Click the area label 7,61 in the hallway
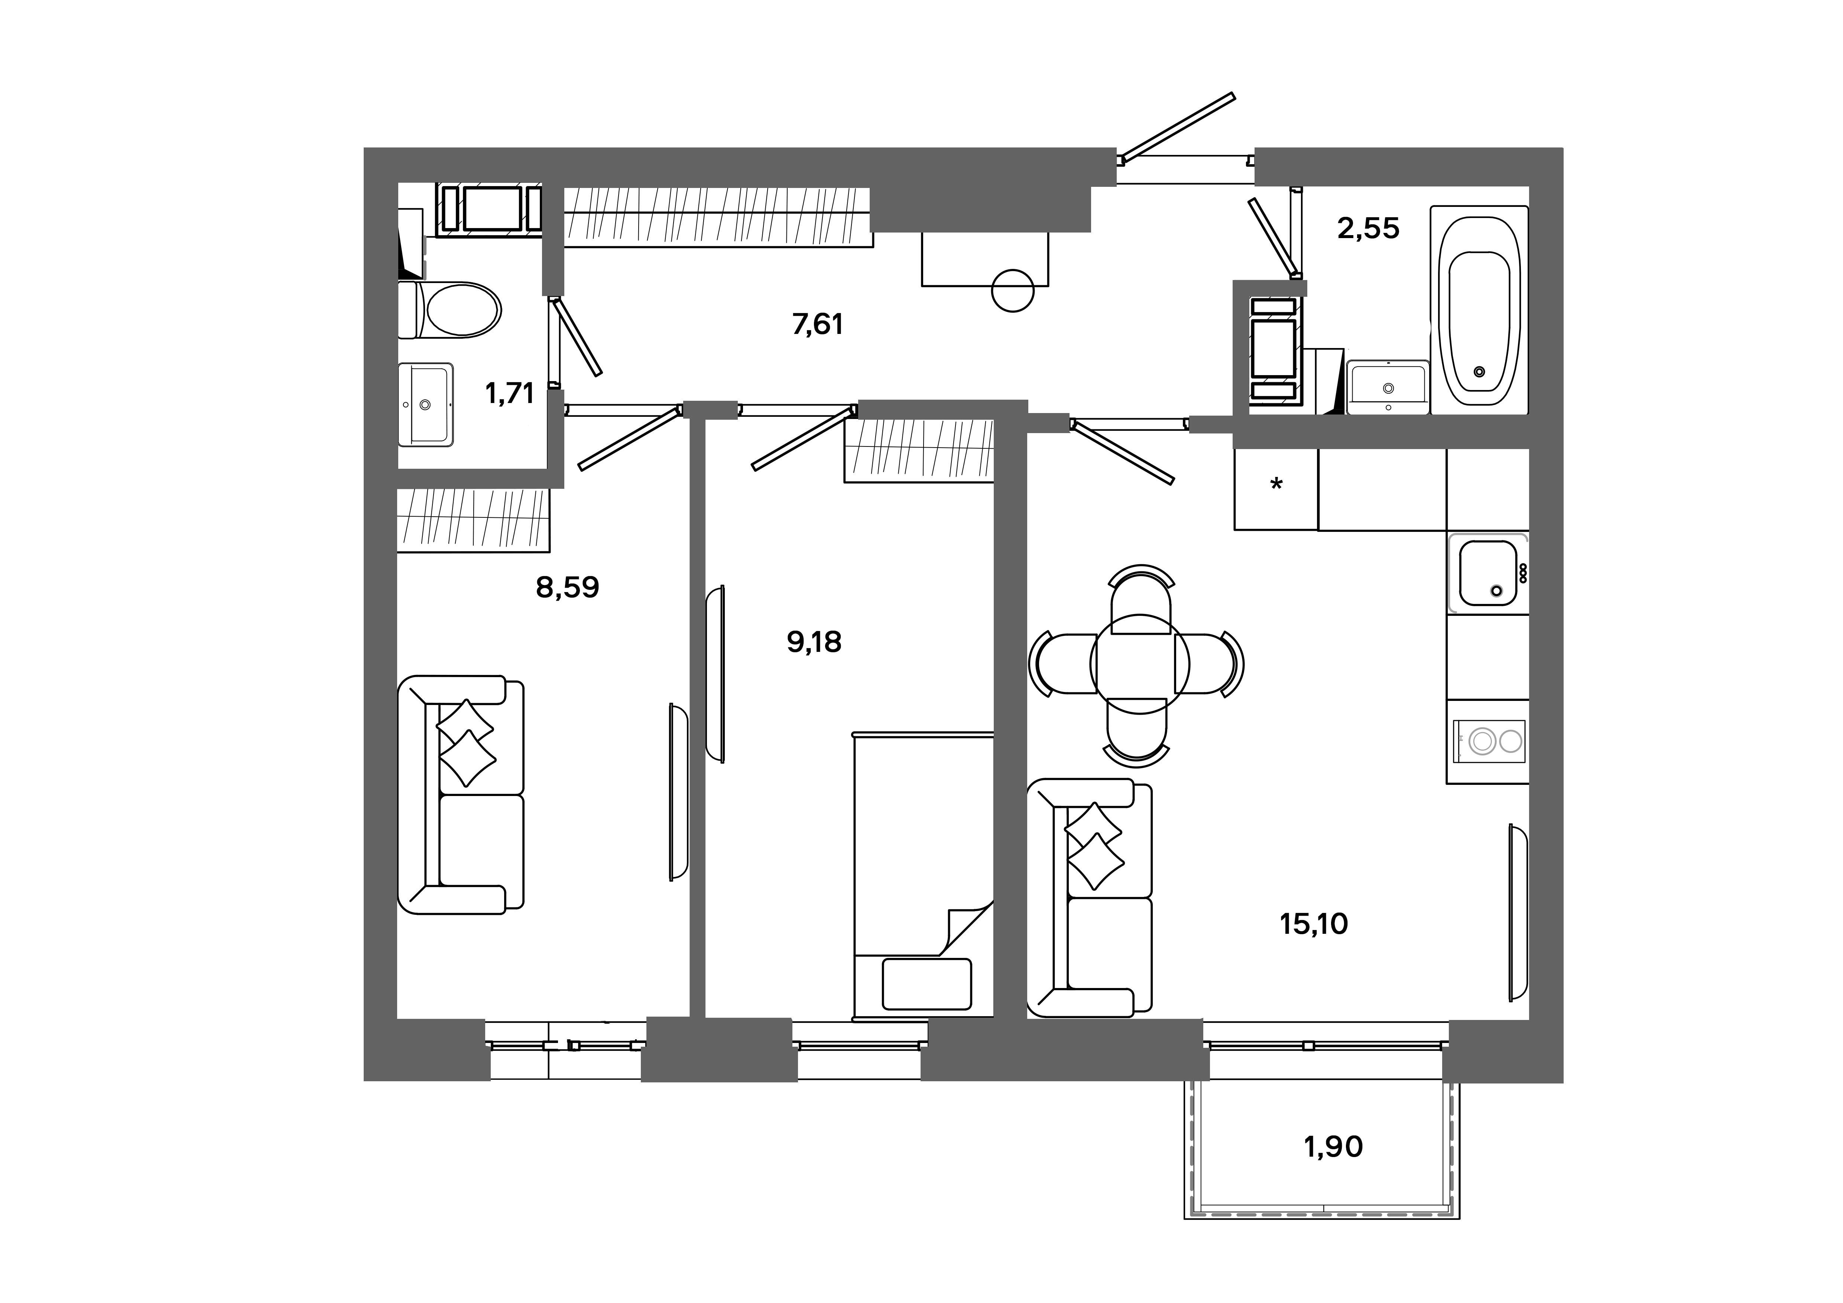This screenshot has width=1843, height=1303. pos(817,324)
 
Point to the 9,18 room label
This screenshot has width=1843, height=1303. pos(814,642)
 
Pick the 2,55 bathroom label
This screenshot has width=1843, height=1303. pos(1368,229)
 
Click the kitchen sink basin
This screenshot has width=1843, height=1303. pos(1487,572)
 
